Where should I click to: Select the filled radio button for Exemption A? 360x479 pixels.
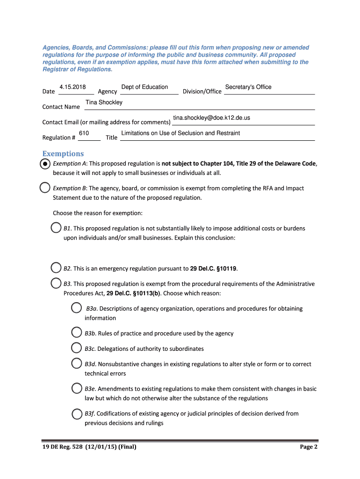click(45, 164)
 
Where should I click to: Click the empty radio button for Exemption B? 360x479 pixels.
click(45, 188)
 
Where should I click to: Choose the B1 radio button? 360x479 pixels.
click(56, 228)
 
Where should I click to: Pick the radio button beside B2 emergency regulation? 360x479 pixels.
click(56, 268)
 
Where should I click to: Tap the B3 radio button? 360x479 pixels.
click(56, 283)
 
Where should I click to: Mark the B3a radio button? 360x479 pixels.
click(76, 308)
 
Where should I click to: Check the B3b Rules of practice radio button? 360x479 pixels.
click(76, 333)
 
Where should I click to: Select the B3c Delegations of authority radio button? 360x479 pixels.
click(76, 348)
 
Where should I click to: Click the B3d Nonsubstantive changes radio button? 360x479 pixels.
click(76, 363)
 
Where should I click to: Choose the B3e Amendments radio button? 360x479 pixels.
click(76, 388)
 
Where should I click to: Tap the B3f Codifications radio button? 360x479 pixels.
click(76, 414)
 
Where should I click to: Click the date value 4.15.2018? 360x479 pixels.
click(72, 87)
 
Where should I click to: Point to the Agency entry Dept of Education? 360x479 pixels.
click(144, 87)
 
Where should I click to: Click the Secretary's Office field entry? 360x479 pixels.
click(248, 87)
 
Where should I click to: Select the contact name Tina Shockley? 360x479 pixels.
click(104, 102)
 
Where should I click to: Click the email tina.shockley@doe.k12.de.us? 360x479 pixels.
click(211, 118)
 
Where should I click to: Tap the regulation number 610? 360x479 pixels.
click(84, 133)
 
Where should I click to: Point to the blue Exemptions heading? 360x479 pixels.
click(63, 153)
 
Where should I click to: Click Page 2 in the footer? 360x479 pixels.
click(309, 447)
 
